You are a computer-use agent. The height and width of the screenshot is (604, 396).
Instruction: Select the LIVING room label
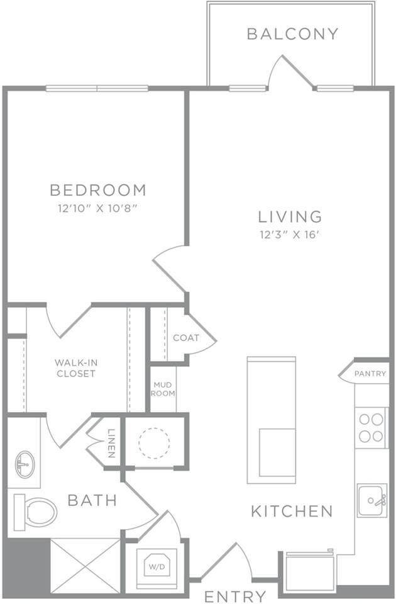[x=290, y=216]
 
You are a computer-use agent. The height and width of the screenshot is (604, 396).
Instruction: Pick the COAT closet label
[x=186, y=338]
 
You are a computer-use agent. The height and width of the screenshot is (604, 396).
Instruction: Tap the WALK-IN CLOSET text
[x=75, y=368]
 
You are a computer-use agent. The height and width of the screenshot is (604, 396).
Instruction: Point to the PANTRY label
[x=370, y=374]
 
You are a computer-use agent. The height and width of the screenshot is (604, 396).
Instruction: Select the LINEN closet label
[x=111, y=442]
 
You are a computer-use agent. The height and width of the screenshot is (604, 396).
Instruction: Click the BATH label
[x=92, y=501]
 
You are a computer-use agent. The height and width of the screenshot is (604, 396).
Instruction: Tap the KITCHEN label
[x=292, y=511]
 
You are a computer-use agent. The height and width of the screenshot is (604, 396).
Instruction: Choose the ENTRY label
[x=235, y=596]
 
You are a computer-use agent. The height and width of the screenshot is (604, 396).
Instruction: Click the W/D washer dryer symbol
[x=155, y=564]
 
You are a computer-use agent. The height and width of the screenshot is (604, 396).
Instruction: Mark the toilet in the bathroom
[x=35, y=512]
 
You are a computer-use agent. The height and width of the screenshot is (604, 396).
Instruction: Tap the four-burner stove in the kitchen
[x=370, y=427]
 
